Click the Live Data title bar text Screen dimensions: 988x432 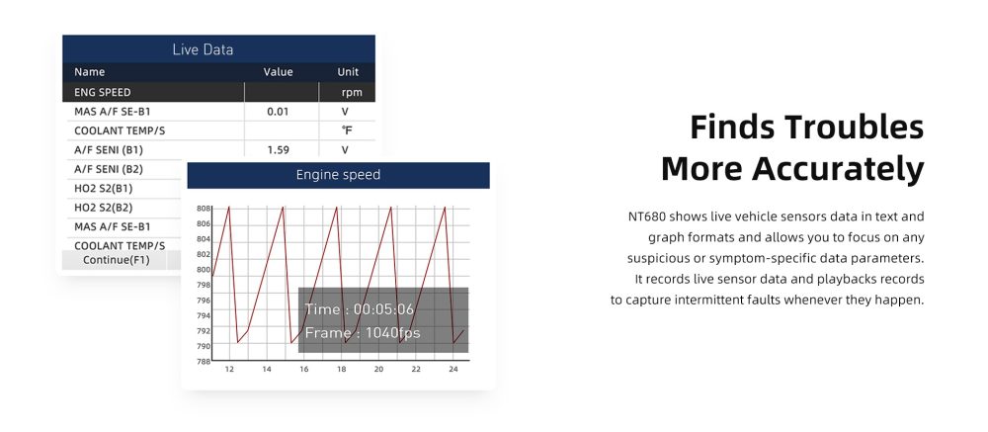point(203,49)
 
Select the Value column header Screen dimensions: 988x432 point(278,72)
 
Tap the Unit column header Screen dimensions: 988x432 point(348,72)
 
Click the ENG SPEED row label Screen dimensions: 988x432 point(103,92)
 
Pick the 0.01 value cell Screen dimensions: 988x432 point(278,112)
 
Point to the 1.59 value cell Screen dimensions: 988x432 point(278,150)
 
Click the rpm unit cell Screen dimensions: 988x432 point(352,93)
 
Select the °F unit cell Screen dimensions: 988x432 point(347,130)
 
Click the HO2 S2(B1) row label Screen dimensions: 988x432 point(104,188)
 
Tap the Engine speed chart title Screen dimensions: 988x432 point(338,175)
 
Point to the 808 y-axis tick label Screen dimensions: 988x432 point(203,209)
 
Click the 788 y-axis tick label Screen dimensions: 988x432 point(203,362)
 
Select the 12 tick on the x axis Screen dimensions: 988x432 point(229,370)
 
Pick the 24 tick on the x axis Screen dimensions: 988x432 point(453,370)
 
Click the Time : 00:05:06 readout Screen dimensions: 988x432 point(360,309)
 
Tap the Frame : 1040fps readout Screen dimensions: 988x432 point(363,333)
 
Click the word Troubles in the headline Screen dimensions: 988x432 point(854,127)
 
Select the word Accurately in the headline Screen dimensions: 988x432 point(838,169)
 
